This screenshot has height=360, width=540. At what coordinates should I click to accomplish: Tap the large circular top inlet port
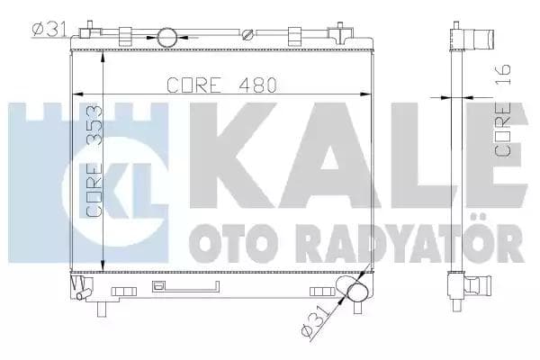[x=167, y=37]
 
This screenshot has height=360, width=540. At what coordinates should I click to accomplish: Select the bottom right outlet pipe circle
[x=352, y=292]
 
